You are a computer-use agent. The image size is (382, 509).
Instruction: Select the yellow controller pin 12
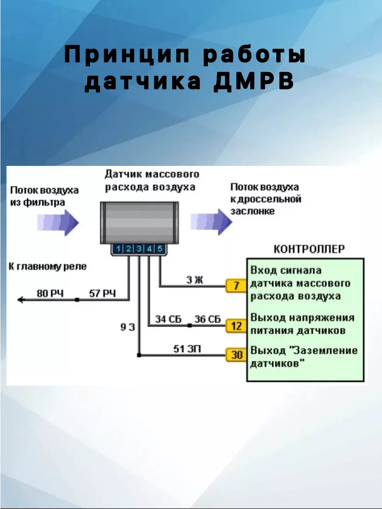(236, 326)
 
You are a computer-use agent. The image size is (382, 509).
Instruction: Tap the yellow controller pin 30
(236, 354)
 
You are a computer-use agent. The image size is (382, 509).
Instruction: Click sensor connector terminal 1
(119, 249)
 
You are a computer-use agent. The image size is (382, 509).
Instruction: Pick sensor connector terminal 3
(139, 249)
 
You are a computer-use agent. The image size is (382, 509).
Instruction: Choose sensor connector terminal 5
(159, 249)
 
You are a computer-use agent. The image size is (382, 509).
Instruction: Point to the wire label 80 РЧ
(50, 293)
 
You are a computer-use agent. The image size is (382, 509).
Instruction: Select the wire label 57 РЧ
(102, 293)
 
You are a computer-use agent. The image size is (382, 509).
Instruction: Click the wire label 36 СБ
(208, 319)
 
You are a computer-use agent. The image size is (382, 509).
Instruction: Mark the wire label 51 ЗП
(187, 349)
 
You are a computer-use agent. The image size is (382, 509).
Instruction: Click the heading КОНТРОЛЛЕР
(309, 249)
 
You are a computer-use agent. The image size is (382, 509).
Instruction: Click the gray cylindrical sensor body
(139, 223)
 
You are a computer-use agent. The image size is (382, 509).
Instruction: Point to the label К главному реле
(48, 267)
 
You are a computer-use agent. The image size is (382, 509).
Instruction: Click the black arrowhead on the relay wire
(20, 300)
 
